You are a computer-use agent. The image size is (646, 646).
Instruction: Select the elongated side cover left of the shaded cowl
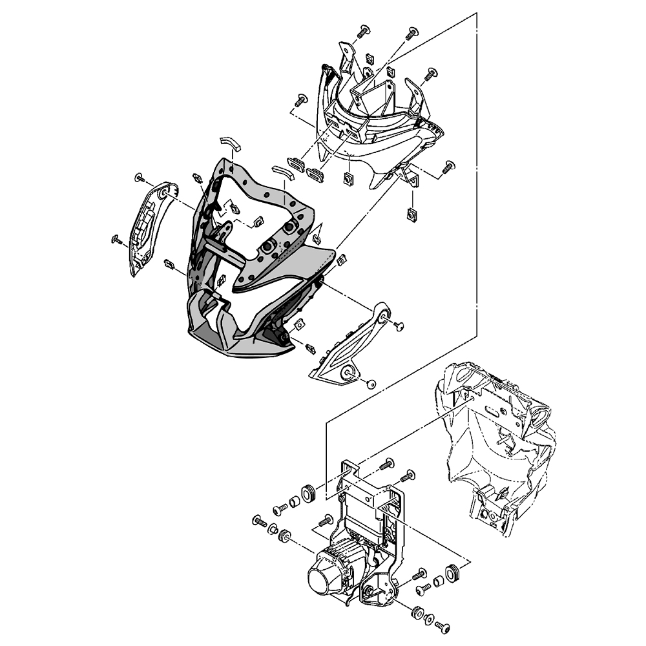click(x=147, y=229)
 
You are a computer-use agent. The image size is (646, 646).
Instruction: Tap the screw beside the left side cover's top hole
click(x=139, y=177)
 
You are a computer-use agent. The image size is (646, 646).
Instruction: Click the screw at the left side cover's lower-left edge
click(x=117, y=240)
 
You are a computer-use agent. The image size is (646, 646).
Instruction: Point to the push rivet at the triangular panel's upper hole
click(x=399, y=326)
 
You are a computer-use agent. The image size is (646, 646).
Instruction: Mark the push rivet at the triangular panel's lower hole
click(x=371, y=384)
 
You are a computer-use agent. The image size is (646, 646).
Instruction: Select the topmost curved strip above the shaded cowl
click(x=229, y=143)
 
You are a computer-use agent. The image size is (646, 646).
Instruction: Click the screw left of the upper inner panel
click(x=300, y=100)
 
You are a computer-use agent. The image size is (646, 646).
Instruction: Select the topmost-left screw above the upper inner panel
click(x=364, y=29)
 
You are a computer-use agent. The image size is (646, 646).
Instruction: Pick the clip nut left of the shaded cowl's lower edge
click(x=170, y=264)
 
